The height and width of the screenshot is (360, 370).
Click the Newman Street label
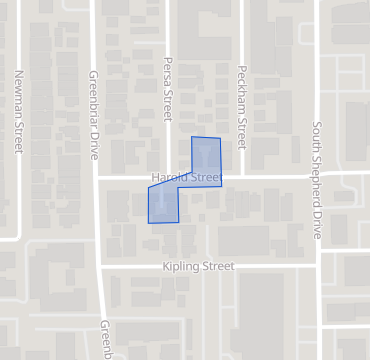(x=18, y=111)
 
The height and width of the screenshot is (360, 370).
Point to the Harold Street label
(x=185, y=178)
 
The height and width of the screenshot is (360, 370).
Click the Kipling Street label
(x=198, y=267)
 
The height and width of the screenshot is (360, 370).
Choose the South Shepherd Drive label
(x=317, y=180)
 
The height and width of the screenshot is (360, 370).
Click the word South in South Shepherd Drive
(x=317, y=137)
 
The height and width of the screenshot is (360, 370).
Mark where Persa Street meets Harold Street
(x=168, y=177)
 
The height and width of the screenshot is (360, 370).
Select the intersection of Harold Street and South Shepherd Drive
(x=317, y=175)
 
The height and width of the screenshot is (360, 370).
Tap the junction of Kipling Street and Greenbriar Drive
(x=100, y=266)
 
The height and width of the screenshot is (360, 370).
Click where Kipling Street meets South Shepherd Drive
(x=317, y=266)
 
